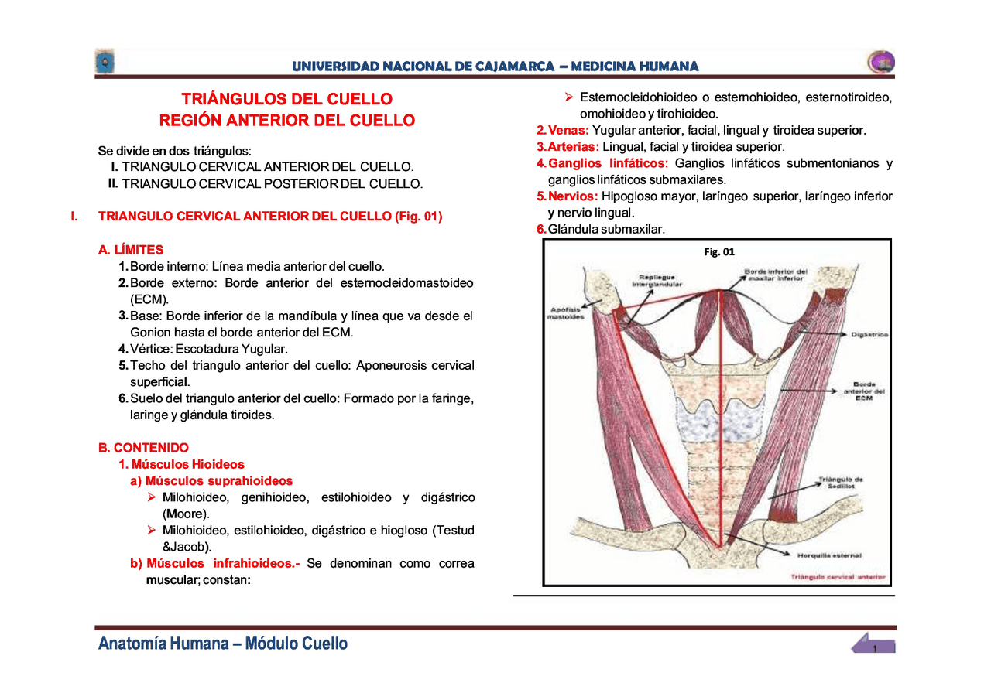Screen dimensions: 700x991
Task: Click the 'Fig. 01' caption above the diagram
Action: pos(719,251)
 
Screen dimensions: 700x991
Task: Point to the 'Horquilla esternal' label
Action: pos(829,555)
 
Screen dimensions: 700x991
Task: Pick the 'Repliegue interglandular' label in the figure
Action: pos(654,280)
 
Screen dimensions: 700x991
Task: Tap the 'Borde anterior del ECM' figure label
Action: pos(864,391)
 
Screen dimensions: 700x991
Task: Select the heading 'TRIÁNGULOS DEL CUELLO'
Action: pos(286,99)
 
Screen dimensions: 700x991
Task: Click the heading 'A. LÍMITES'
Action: pos(131,250)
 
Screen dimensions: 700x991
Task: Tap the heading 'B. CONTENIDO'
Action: pos(143,448)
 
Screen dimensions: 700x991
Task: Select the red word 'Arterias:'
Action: pos(572,147)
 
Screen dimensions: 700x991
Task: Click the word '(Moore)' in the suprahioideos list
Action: pos(186,514)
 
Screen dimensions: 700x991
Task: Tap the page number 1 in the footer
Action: pos(874,648)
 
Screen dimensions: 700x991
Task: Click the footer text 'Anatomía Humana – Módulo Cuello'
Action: pos(223,644)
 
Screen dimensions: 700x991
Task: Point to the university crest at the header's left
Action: pos(105,62)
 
